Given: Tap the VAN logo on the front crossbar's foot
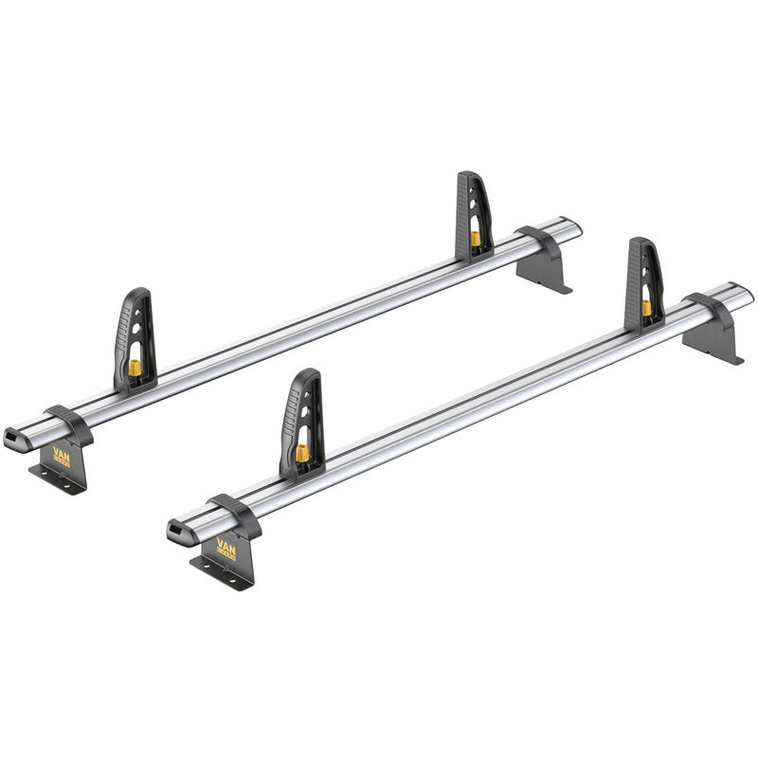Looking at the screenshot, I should click(x=227, y=547).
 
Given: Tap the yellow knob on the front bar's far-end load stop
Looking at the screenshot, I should click(x=646, y=307).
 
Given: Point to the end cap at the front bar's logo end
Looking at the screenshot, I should click(x=179, y=532).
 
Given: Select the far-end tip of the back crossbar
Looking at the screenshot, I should click(x=577, y=227).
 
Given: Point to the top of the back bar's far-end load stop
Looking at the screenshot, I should click(x=468, y=177).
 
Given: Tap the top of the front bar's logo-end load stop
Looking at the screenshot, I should click(x=308, y=374).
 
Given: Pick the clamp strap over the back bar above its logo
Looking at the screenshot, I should click(x=68, y=422).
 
